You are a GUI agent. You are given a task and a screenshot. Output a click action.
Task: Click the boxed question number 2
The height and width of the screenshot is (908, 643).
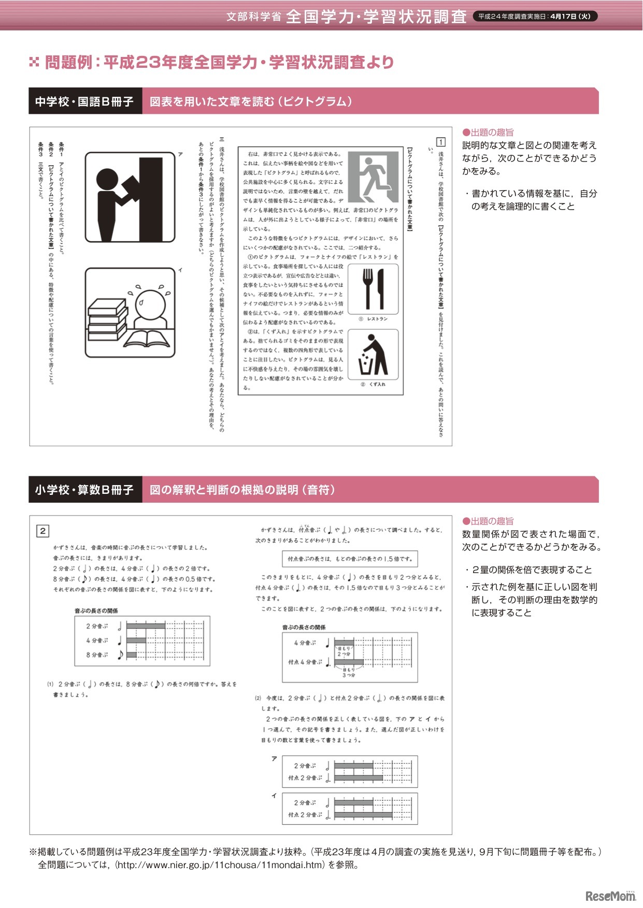[x=42, y=531]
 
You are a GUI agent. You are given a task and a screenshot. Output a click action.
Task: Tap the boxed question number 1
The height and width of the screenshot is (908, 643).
[x=440, y=142]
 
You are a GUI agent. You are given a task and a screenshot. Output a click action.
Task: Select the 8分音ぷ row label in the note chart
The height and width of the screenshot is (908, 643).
[x=97, y=655]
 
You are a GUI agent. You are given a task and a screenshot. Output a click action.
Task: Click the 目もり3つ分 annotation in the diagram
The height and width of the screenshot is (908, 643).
[x=349, y=672]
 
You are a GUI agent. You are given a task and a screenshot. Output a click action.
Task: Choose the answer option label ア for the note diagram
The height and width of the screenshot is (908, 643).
[x=274, y=759]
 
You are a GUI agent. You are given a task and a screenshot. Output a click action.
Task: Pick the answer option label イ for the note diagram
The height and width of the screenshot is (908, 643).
[x=274, y=796]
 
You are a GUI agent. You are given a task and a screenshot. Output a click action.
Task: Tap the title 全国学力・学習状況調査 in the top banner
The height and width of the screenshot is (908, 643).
[x=376, y=17]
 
